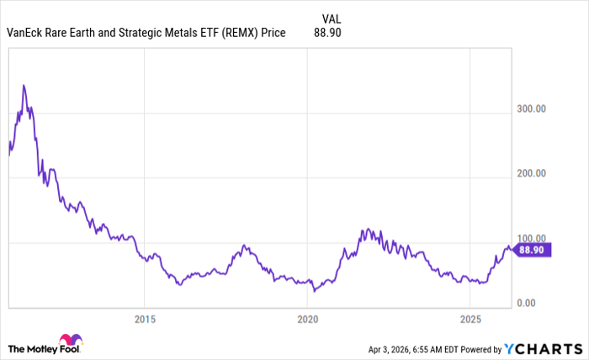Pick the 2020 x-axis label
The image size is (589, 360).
(x=308, y=320)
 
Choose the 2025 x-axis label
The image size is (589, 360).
(x=471, y=320)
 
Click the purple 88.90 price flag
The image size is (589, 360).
(x=530, y=250)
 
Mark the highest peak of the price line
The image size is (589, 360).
(x=24, y=85)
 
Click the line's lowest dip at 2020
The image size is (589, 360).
(x=314, y=291)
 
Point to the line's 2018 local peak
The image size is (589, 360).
(x=245, y=246)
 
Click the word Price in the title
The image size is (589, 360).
(x=271, y=34)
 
